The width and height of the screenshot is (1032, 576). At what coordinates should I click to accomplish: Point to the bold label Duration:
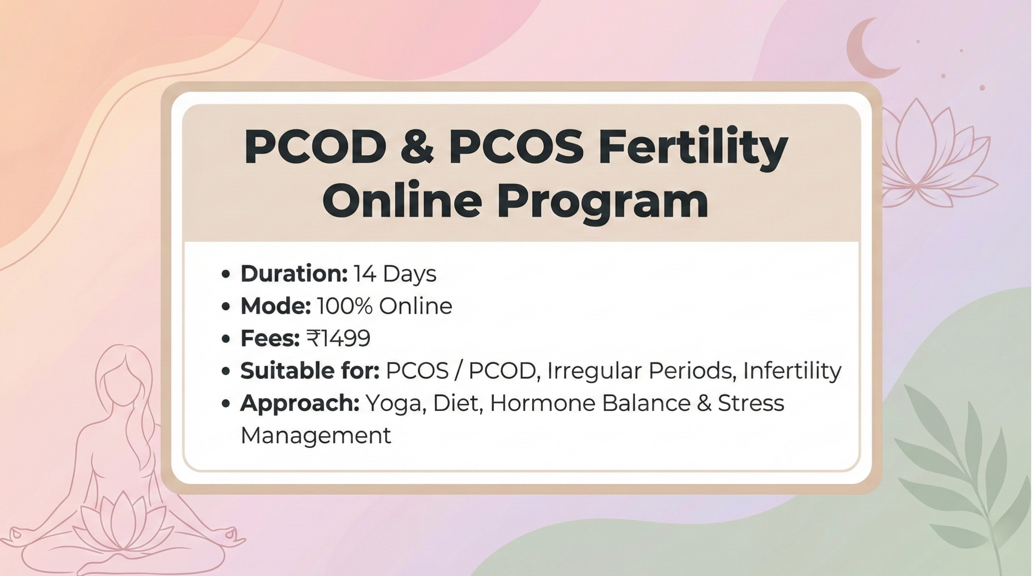(x=294, y=274)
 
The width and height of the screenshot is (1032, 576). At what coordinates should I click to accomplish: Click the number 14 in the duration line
(x=365, y=274)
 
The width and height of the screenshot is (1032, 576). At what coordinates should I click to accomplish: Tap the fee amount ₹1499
(x=339, y=339)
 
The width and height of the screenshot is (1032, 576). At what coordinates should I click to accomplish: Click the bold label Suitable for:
(x=309, y=370)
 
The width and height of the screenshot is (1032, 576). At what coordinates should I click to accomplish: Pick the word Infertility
(x=792, y=370)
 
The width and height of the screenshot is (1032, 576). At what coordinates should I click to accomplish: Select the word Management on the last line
(x=316, y=435)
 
